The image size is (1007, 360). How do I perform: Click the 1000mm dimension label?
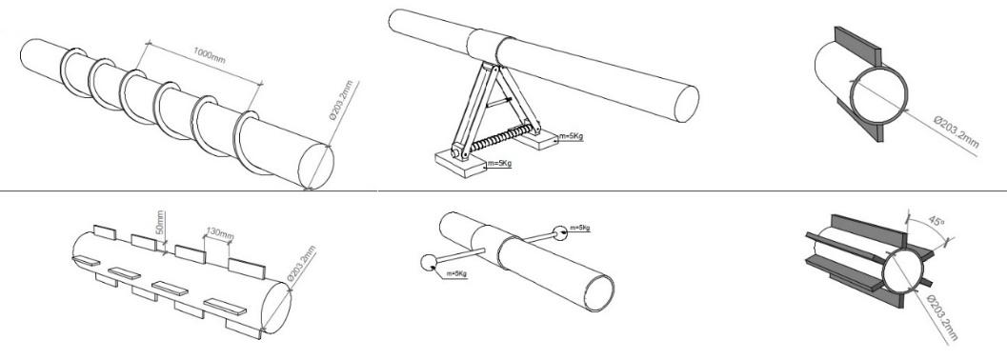(x=210, y=55)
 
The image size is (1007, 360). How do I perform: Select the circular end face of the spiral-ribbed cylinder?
(x=316, y=167)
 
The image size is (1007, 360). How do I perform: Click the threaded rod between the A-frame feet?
(x=493, y=139)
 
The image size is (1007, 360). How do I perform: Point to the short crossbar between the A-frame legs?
(x=498, y=101)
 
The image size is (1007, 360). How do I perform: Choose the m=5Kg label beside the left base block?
(x=499, y=163)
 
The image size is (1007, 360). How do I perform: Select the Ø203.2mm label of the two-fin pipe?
(x=957, y=132)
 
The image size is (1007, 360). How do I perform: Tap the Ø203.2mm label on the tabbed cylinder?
(x=301, y=264)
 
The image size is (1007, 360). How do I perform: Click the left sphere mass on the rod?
(x=428, y=263)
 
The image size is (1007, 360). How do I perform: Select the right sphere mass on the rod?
(x=560, y=232)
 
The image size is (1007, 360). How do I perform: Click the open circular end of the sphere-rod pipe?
(x=598, y=293)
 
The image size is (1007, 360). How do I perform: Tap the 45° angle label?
(x=937, y=222)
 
